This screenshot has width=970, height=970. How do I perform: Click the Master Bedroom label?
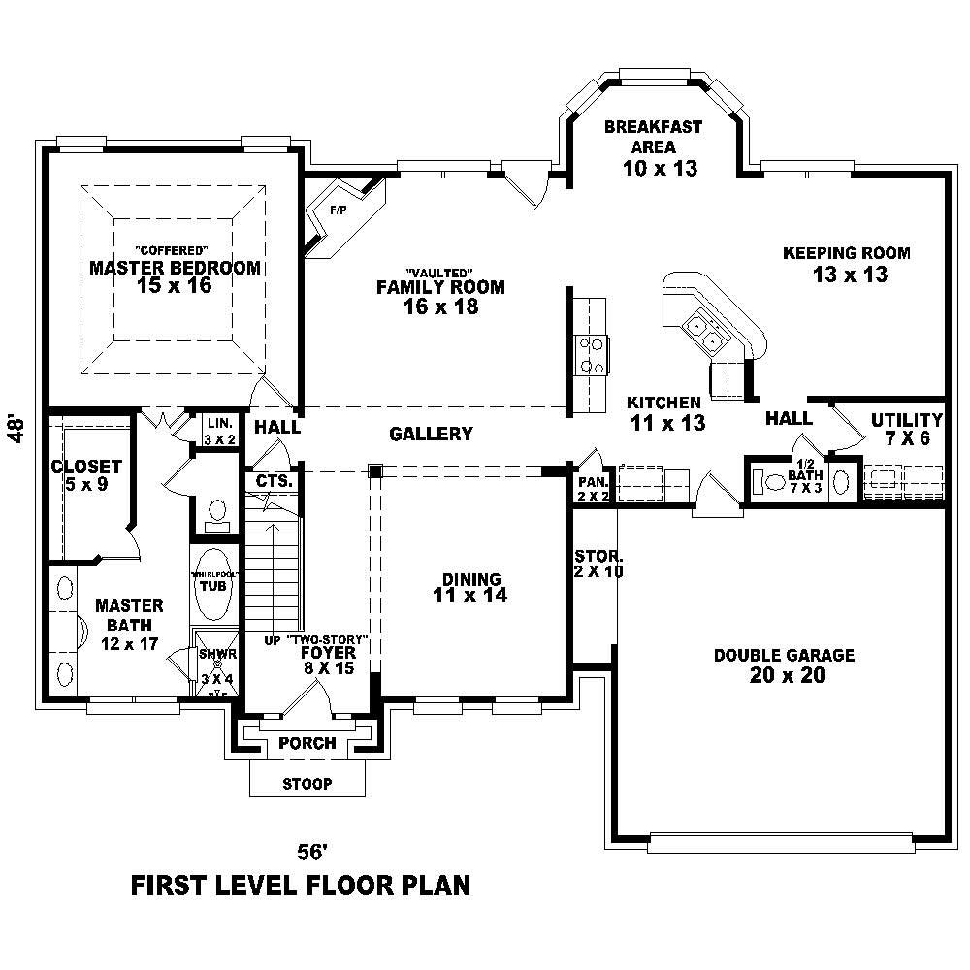click(x=175, y=268)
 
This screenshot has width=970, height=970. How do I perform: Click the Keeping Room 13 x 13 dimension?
click(x=850, y=275)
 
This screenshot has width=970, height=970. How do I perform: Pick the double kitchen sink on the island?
click(x=704, y=332)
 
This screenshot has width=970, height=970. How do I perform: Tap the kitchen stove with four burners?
click(x=591, y=354)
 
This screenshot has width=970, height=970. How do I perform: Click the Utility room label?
click(x=906, y=420)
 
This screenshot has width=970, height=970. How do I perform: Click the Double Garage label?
click(x=785, y=656)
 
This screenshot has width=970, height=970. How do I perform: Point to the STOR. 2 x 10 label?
click(x=598, y=564)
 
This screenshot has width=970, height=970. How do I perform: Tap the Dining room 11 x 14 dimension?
click(x=470, y=597)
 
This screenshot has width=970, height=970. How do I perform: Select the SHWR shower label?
click(x=212, y=655)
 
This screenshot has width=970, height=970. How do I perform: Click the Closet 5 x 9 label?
click(x=86, y=475)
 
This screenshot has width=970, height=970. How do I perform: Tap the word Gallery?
click(x=431, y=435)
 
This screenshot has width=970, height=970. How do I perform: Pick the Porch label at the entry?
click(x=307, y=744)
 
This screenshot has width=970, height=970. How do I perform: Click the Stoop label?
click(x=307, y=784)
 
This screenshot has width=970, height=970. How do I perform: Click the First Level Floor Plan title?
click(x=301, y=885)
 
